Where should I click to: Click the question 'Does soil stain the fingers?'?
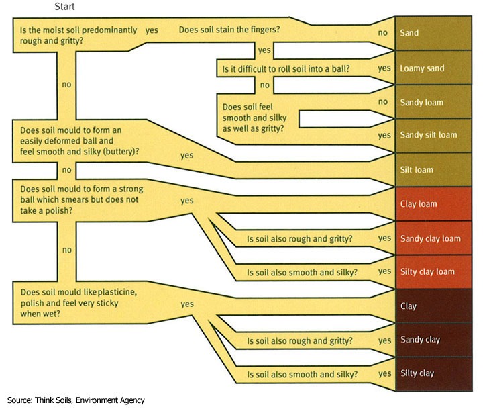pyautogui.click(x=229, y=30)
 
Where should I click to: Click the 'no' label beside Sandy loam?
pyautogui.click(x=384, y=101)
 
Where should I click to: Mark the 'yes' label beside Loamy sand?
pyautogui.click(x=384, y=68)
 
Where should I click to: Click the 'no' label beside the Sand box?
pyautogui.click(x=383, y=32)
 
